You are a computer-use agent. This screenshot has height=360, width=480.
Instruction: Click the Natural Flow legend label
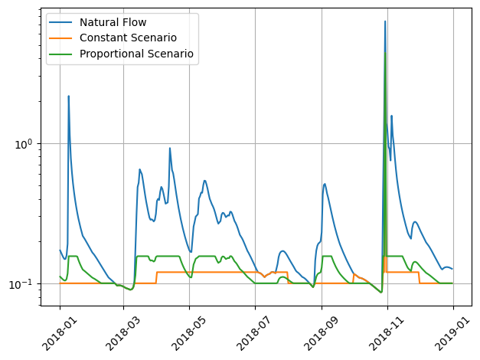click(x=113, y=21)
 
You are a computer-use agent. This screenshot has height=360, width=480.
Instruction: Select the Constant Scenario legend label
click(x=128, y=38)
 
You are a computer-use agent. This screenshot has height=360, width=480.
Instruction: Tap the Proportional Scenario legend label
click(x=136, y=54)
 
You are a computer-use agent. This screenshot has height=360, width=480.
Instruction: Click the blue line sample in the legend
click(x=62, y=21)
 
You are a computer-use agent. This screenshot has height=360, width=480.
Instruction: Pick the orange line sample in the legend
click(x=62, y=38)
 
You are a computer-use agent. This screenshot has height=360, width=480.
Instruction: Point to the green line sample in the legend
click(x=62, y=54)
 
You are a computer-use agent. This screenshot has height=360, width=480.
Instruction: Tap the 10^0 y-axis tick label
click(x=28, y=144)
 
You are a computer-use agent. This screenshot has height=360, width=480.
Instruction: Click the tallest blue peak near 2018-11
click(x=385, y=21)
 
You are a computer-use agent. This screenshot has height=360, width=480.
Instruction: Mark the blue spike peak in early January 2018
click(x=68, y=97)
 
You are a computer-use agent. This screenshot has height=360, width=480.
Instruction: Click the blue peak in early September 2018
click(x=325, y=183)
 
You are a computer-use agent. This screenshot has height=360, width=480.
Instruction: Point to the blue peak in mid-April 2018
click(x=170, y=148)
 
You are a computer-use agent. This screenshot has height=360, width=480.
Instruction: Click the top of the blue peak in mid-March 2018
click(x=139, y=169)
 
